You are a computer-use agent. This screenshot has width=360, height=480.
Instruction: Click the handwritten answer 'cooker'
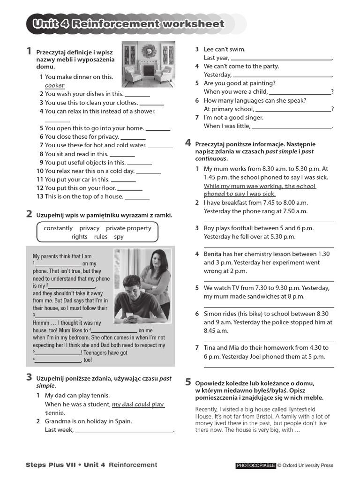(55, 86)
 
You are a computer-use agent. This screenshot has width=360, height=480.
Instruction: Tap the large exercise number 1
(29, 52)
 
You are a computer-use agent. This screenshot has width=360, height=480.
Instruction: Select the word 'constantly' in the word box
(58, 228)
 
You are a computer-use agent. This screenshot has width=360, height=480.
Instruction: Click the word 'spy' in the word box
(119, 237)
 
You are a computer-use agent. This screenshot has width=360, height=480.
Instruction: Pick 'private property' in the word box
(128, 228)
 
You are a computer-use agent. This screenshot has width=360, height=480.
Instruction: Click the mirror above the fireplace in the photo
(150, 51)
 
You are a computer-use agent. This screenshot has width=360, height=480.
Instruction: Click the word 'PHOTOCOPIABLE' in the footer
(255, 465)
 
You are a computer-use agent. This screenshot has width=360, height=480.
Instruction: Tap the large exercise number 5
(188, 382)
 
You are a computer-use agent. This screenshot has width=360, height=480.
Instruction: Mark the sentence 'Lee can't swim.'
(225, 49)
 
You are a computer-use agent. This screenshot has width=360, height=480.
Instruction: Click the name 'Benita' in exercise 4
(214, 254)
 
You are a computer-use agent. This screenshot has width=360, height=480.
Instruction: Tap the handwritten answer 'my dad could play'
(138, 405)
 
